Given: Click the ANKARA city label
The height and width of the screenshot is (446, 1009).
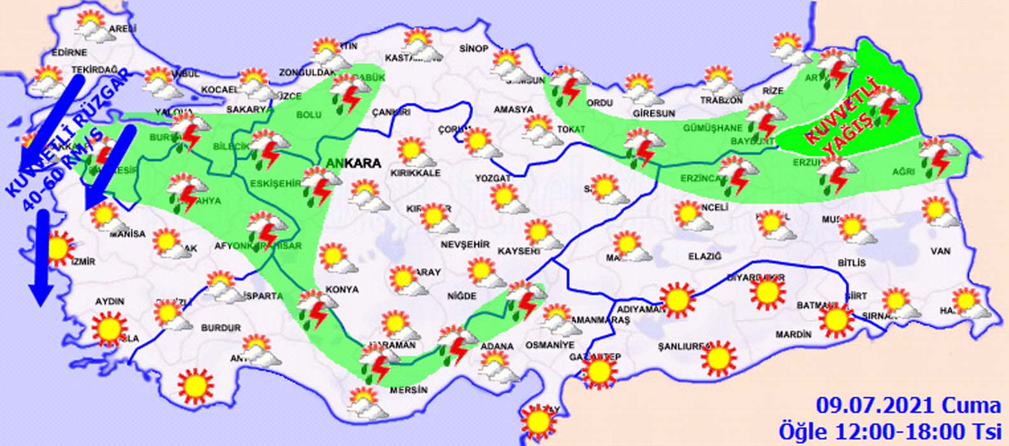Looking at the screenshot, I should tap(353, 163).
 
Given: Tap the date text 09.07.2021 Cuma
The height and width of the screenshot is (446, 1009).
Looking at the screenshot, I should tap(909, 406).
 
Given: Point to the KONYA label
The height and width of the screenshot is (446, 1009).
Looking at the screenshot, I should tap(342, 289).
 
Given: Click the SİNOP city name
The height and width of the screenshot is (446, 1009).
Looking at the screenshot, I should tap(474, 49).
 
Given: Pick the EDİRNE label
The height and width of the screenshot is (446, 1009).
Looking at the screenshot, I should tap(70, 52).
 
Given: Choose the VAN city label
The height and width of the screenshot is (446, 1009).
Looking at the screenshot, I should tap(940, 252).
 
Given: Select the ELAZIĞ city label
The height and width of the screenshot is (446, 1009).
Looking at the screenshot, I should tap(704, 256).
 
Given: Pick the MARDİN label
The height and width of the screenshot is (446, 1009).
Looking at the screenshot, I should tap(794, 334).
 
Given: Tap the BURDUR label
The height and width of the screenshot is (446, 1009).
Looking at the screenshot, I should tap(221, 327).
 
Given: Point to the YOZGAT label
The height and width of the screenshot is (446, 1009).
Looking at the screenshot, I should tap(493, 178).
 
